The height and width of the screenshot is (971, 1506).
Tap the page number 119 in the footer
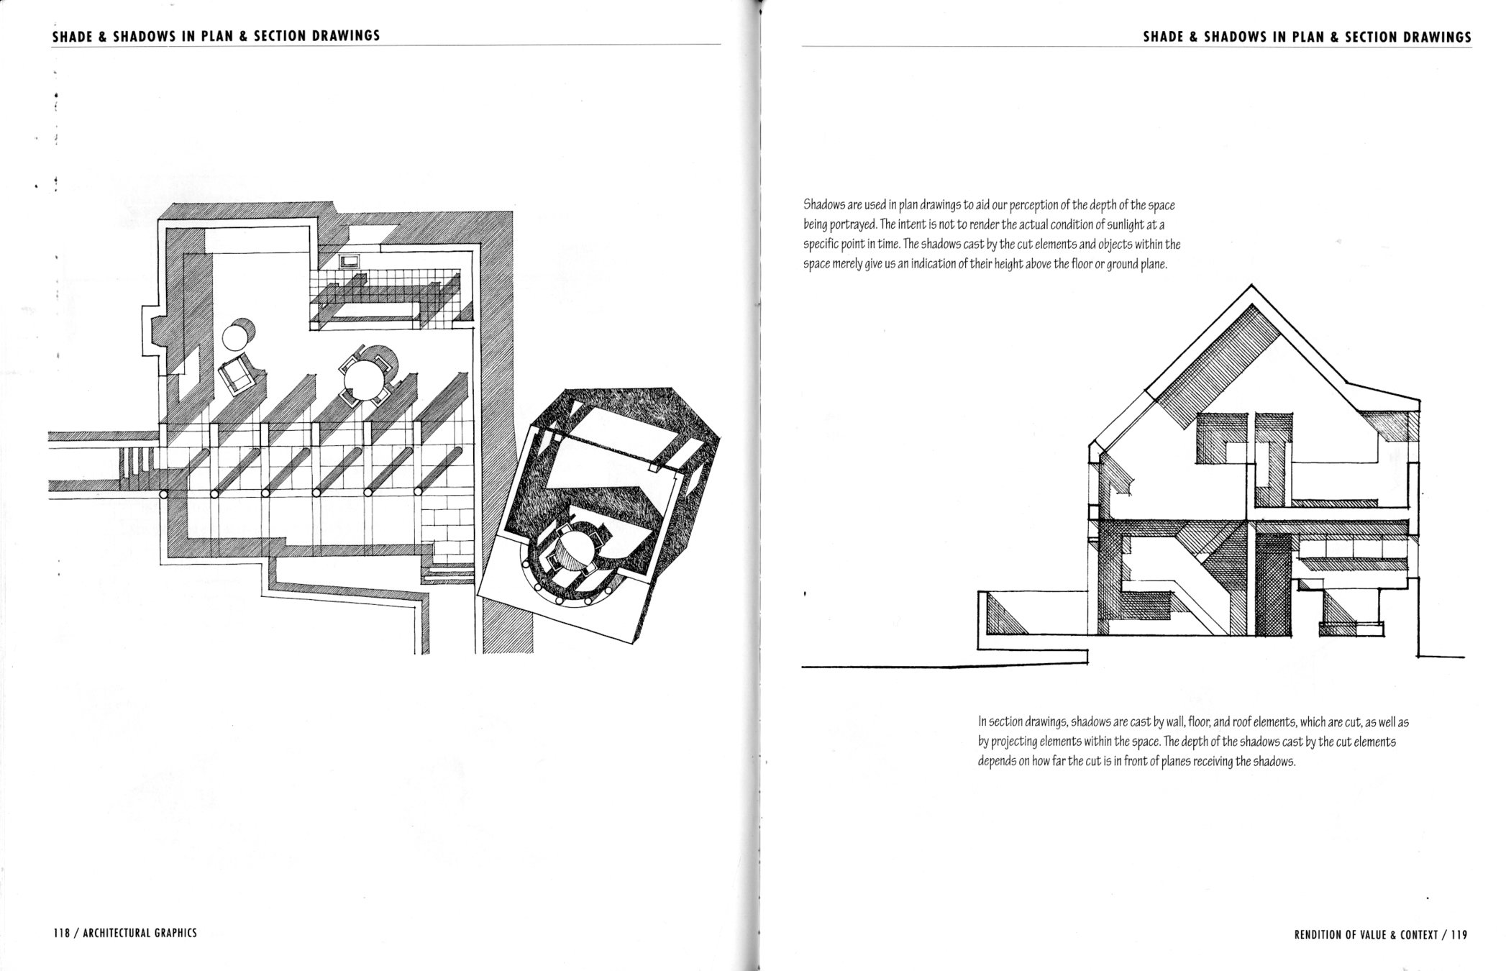coord(1459,935)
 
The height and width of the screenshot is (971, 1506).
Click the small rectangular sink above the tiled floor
coord(350,260)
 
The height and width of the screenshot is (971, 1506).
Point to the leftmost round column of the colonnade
coord(163,494)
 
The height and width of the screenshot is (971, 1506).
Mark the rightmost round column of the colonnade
coord(420,493)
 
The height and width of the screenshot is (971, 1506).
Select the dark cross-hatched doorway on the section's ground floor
coord(1272,591)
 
